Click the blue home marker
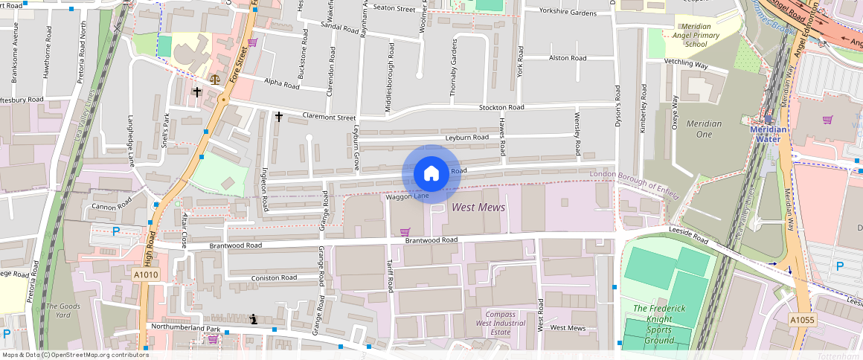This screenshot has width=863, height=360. tap(431, 173)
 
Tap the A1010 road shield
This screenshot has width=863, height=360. tap(146, 275)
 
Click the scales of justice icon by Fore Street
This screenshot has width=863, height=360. tap(216, 77)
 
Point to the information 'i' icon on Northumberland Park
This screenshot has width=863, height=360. tap(254, 319)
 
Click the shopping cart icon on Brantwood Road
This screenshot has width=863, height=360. tap(405, 232)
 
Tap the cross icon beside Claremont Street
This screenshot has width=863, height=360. tap(279, 117)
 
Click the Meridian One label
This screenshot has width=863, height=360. tap(699, 129)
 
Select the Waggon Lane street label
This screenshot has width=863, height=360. tap(407, 196)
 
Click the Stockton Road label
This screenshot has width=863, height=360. tap(501, 107)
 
